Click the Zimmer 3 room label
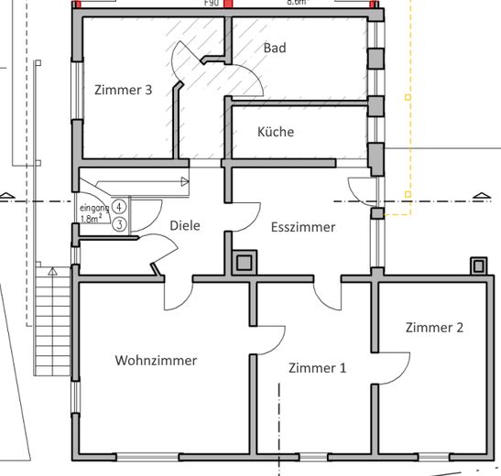tap(122, 90)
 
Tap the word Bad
tap(275, 48)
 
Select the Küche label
tap(276, 132)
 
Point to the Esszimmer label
tap(303, 227)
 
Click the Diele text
tap(185, 226)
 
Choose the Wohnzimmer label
tap(156, 361)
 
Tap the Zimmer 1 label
tap(317, 368)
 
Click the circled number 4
tap(119, 209)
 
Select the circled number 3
tap(119, 222)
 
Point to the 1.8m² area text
tap(91, 220)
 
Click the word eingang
tap(93, 209)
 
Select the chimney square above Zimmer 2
tap(477, 266)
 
